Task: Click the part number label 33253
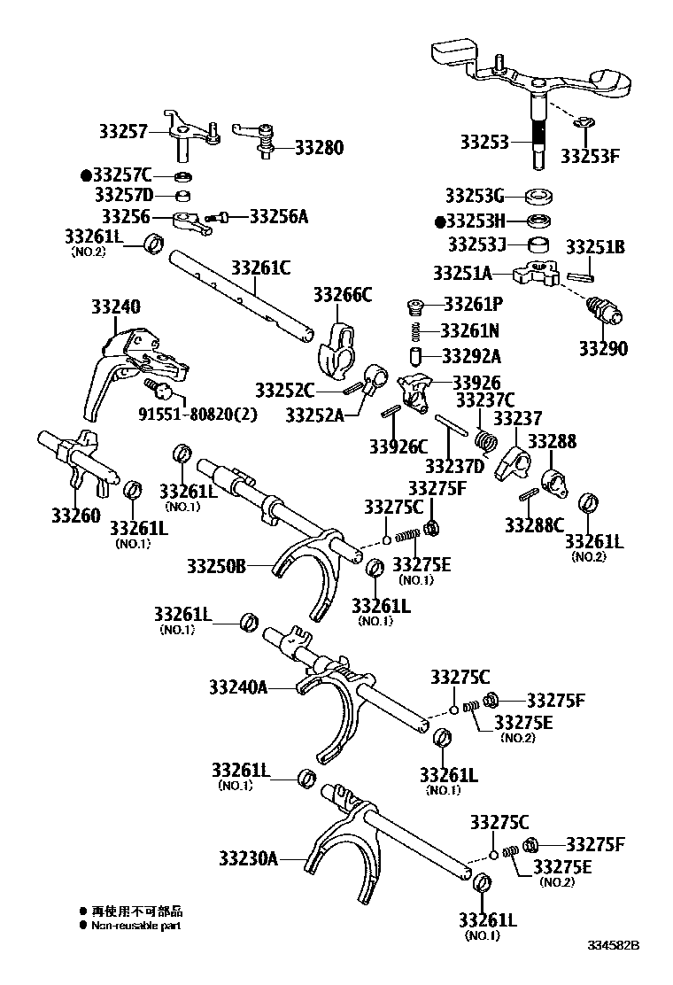[x=484, y=142]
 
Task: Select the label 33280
[x=319, y=148]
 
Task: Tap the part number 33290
[x=603, y=348]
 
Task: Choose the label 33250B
[x=217, y=563]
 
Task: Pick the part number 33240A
[x=238, y=686]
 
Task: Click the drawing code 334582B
[x=613, y=946]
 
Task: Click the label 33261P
[x=473, y=305]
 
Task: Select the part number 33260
[x=75, y=515]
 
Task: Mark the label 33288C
[x=535, y=524]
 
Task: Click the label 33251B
[x=595, y=248]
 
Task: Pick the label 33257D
[x=124, y=195]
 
